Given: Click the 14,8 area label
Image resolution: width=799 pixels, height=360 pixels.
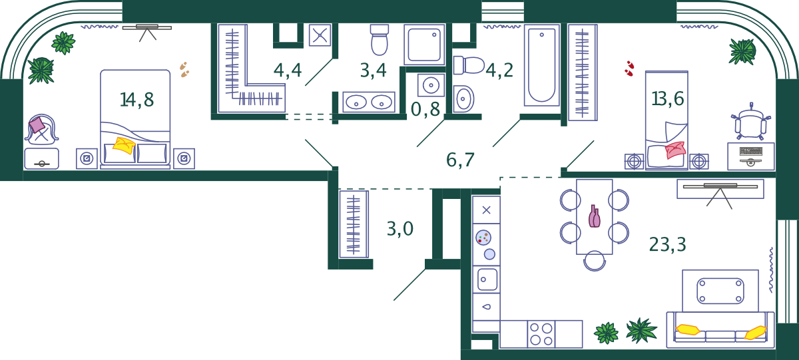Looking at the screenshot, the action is tap(137, 100).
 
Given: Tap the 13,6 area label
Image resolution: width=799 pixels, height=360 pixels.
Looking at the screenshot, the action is tap(668, 98).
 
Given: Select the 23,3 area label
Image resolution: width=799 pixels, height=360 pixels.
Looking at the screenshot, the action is tap(667, 245).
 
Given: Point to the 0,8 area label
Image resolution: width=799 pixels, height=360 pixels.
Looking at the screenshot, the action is tap(425, 109).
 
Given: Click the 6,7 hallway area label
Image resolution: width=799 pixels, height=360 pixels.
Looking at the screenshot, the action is tap(460, 160).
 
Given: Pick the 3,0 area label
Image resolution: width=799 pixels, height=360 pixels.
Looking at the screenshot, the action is tap(400, 229).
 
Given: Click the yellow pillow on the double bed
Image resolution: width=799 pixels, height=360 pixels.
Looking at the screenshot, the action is tap(124, 146).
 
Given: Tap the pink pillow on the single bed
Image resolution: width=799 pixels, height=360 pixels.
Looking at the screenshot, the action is tap(675, 150).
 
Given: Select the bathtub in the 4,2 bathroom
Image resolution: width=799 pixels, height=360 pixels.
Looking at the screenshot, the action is tap(541, 65).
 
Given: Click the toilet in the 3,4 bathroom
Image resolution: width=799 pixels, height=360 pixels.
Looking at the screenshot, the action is tap(379, 40).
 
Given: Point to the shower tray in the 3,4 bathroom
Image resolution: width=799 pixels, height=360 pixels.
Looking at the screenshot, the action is tap(424, 45).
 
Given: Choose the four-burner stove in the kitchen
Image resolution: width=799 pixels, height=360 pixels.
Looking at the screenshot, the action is tap(541, 334).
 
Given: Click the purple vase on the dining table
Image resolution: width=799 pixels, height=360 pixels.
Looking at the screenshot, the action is tap(594, 216).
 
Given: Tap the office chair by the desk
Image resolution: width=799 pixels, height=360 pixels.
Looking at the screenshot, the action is tap(750, 122).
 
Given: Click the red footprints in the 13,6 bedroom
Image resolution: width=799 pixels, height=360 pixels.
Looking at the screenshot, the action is tap(630, 69).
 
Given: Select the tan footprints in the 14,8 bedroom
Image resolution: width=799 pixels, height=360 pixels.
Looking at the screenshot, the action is tap(184, 69).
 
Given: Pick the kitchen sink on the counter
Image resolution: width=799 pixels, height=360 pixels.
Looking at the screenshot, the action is tap(487, 279).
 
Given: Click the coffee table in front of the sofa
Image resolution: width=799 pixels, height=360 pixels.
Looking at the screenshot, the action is tap(720, 291).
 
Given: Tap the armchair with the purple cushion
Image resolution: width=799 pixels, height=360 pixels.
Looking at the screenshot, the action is tap(42, 129).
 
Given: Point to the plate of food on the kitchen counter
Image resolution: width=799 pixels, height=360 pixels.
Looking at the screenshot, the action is tap(483, 238).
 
